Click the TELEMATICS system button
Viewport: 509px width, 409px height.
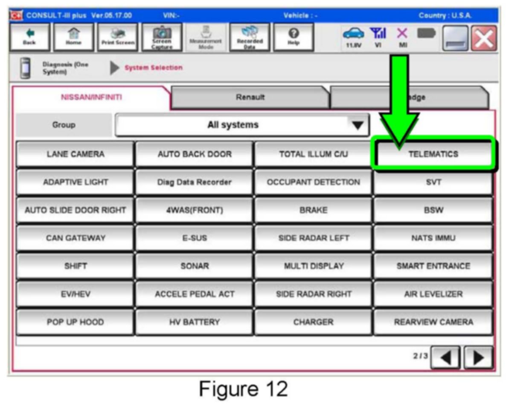point(433,154)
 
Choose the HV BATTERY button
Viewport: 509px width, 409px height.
point(194,322)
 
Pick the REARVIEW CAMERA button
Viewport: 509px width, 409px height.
point(433,322)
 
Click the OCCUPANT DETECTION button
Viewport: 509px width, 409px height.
point(313,182)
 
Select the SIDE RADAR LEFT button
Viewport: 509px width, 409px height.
point(313,238)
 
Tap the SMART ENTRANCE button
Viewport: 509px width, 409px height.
point(433,266)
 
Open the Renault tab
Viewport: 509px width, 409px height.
point(250,97)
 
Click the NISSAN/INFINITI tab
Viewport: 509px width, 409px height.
point(91,97)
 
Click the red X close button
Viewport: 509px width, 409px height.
point(485,38)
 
